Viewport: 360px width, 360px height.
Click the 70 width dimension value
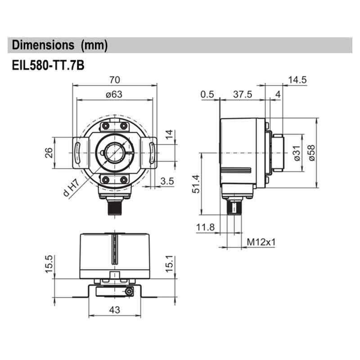[115, 80]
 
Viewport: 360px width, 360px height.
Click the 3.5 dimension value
[167, 181]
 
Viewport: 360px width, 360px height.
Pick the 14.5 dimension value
[297, 80]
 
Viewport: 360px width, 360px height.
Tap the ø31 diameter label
[296, 153]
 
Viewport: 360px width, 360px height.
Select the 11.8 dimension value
[205, 228]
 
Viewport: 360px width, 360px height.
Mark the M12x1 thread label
[261, 242]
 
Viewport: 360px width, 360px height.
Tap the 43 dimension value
[115, 310]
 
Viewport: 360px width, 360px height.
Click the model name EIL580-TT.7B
[48, 65]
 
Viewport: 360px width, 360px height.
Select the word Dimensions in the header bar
[43, 45]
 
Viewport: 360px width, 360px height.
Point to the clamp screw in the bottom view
[130, 292]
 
